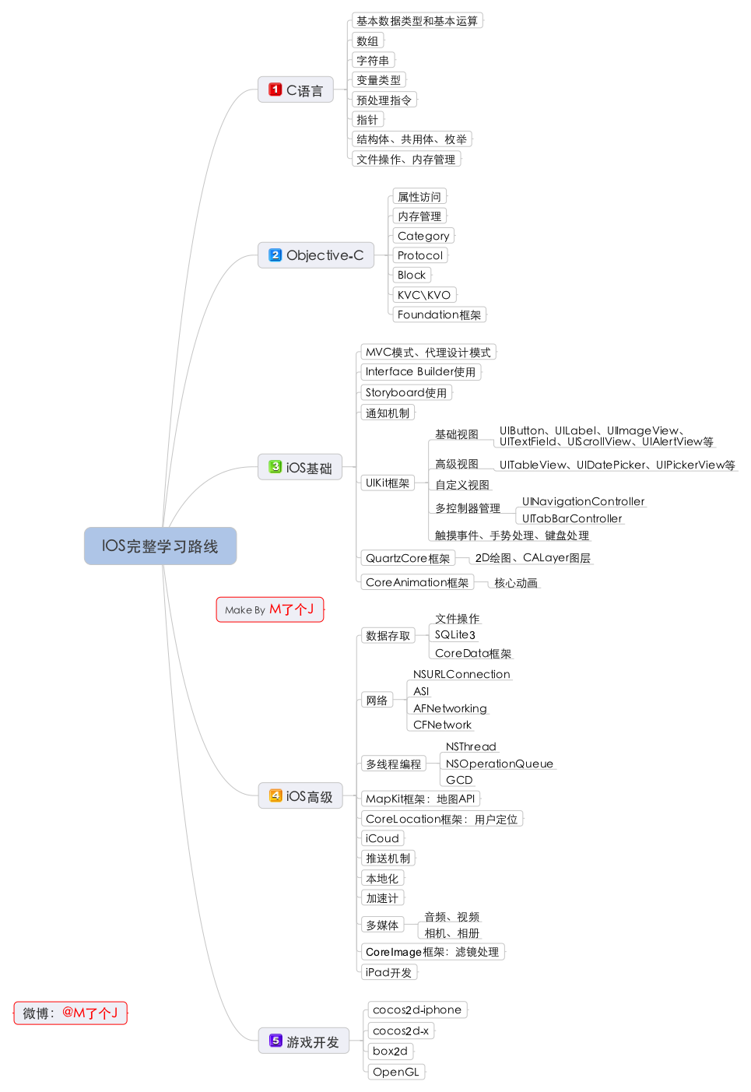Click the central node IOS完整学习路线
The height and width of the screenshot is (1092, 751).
tap(160, 546)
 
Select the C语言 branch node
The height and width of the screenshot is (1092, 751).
tap(296, 90)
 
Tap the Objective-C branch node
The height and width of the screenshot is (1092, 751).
tap(316, 255)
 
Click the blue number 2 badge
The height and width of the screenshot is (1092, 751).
tap(275, 255)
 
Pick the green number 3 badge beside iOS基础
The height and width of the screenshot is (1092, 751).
tap(275, 467)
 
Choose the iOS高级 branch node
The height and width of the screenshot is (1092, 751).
tap(300, 796)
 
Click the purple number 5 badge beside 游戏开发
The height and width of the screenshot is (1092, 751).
tap(275, 1041)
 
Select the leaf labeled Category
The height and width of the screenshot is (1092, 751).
tap(423, 236)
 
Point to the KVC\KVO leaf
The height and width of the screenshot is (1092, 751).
tap(423, 295)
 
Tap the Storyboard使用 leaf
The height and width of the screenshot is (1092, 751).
tap(406, 393)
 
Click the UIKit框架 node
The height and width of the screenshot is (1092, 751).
tap(388, 483)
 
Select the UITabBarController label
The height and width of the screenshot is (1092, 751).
tap(572, 519)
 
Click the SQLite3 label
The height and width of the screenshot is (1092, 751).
tap(455, 635)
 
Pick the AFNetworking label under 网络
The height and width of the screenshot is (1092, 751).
tap(450, 708)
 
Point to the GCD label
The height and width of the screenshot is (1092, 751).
tap(459, 780)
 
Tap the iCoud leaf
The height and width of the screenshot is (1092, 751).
tap(382, 838)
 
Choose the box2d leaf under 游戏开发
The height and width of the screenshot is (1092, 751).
tap(390, 1052)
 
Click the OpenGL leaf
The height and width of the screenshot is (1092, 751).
tap(396, 1072)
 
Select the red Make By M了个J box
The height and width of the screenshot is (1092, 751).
tap(269, 609)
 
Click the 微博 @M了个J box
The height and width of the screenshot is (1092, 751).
tap(70, 1013)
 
